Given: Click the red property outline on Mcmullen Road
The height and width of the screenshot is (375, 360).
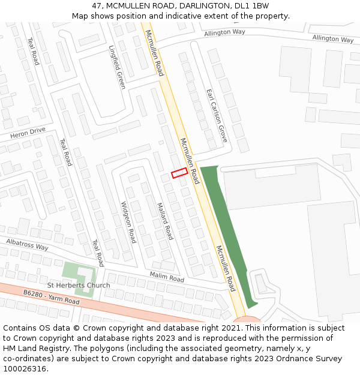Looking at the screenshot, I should coord(179,173).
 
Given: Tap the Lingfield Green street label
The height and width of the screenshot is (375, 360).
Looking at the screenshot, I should coord(117,67).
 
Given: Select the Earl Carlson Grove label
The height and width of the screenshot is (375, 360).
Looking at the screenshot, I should coord(217,115).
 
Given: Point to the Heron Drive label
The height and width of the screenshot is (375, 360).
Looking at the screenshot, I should coord(28,133).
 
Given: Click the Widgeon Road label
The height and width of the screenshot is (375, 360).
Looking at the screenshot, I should coord(128,222).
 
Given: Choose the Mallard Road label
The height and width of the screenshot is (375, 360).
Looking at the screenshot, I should coord(165,221).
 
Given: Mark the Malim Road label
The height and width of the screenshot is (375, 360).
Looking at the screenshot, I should coord(167,277).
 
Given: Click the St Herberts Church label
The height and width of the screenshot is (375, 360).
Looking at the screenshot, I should coord(79,285).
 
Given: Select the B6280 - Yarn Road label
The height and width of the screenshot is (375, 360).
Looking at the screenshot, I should coord(52,296).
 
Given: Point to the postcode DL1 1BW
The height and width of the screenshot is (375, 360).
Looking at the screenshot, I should coord(251,6).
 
